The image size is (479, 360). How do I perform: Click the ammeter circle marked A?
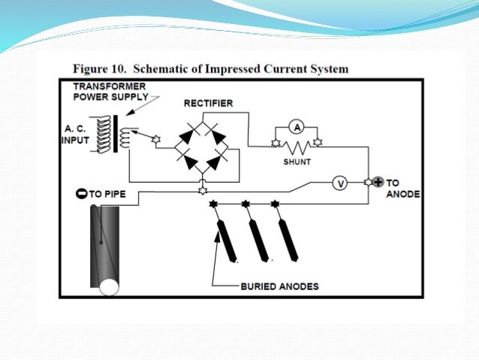tap(297, 128)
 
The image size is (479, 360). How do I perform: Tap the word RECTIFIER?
tap(207, 102)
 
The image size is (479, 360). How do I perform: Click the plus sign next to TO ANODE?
tap(378, 182)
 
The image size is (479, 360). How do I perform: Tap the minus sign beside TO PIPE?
tap(82, 193)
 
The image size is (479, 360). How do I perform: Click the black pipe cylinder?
tap(106, 241)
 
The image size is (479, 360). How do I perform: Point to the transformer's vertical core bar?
tap(114, 133)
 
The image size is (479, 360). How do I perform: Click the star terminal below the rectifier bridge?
tap(202, 192)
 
